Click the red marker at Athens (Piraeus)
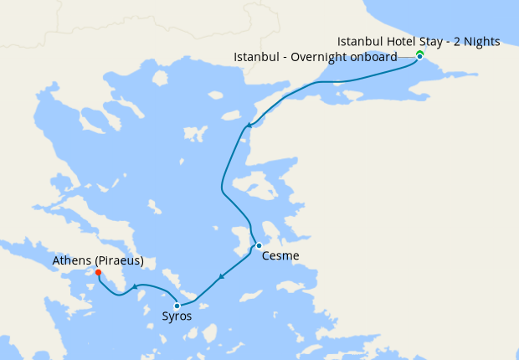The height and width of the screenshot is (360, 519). pos(99,273)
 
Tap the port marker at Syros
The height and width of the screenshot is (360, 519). pos(177,306)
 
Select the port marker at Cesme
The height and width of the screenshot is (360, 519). pos(259,245)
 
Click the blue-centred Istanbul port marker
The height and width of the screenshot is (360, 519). pos(419,57)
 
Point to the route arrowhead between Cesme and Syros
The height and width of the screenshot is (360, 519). pos(220,277)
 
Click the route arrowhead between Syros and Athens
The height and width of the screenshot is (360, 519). pos(134,288)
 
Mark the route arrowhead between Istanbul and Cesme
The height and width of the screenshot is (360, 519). pos(248,127)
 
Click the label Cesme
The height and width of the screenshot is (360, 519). pos(280,256)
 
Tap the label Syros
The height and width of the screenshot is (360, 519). pos(177,316)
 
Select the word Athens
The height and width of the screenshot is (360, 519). pos(71,261)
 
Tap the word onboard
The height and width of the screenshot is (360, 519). pos(373,57)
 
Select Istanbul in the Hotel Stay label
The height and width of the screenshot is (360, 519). pos(359,41)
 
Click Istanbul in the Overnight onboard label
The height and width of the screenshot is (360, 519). pos(256,57)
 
